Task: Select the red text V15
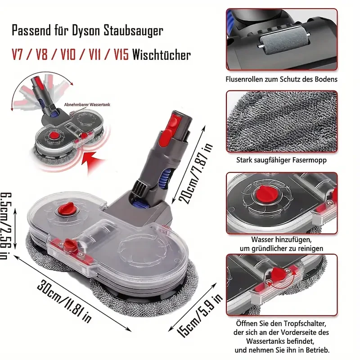pos(121,55)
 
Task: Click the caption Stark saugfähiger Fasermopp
pos(281,159)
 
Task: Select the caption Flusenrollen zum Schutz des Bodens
pos(281,79)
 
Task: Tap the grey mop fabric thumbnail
pos(281,121)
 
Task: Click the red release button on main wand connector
pos(171,120)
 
